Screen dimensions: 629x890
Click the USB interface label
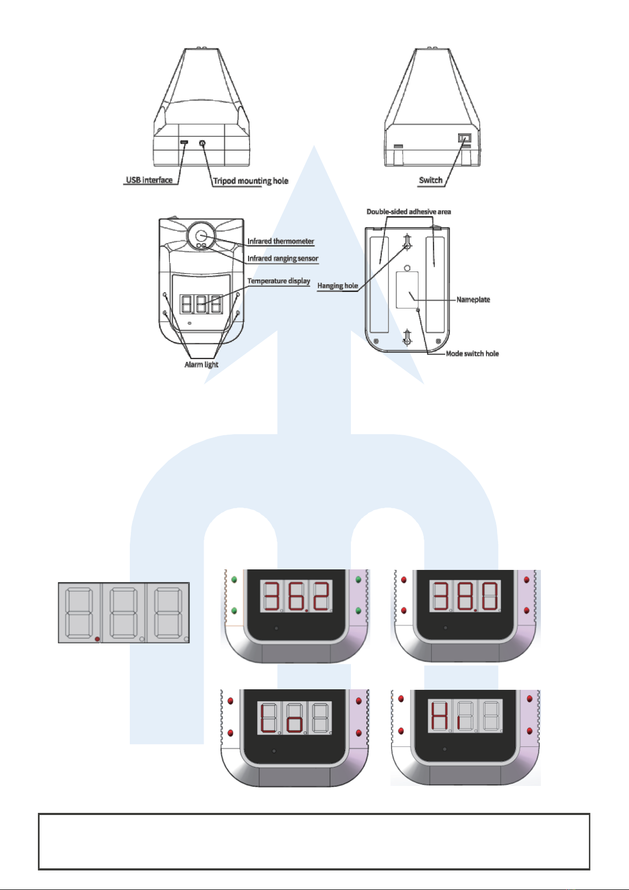[x=149, y=180]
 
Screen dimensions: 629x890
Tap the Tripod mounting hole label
[x=251, y=181]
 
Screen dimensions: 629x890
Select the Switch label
[x=431, y=180]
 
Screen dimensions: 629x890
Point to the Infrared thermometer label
[x=281, y=241]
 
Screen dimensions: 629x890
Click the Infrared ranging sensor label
[x=283, y=258]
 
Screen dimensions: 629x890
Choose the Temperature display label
[x=279, y=281]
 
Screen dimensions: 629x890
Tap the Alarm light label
[x=201, y=364]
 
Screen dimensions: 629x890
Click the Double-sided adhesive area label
[x=408, y=212]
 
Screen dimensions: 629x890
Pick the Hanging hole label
[x=338, y=286]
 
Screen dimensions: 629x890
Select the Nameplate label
[x=473, y=299]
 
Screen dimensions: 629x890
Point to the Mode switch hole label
[x=472, y=354]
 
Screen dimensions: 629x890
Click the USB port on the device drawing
[x=184, y=143]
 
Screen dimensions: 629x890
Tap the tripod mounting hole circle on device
[x=202, y=143]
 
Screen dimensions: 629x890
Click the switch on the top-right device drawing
[x=464, y=138]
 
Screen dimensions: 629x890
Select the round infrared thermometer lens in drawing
[x=201, y=236]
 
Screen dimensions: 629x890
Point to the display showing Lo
[x=294, y=718]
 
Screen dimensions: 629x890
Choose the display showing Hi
[x=465, y=717]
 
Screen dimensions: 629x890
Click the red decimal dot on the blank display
[x=97, y=639]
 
